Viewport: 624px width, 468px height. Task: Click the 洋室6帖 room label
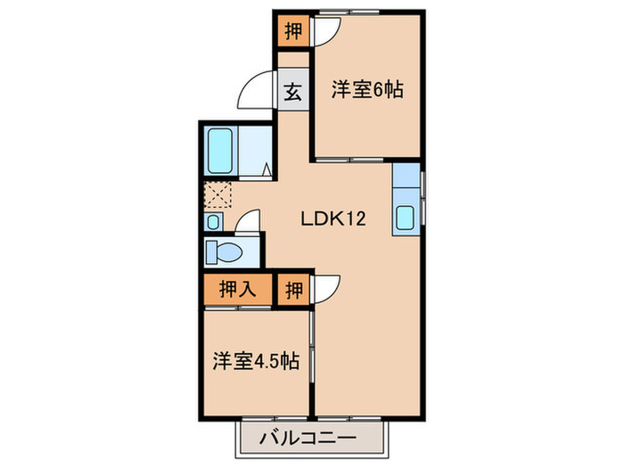[368, 90]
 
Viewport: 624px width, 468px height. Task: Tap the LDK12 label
[333, 218]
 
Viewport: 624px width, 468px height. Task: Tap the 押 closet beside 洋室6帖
[291, 31]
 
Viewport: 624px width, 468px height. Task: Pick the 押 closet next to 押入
[293, 290]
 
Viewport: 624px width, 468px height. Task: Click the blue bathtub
[219, 152]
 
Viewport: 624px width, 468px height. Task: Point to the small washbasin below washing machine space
[214, 221]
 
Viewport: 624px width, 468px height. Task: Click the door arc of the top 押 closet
[323, 29]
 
